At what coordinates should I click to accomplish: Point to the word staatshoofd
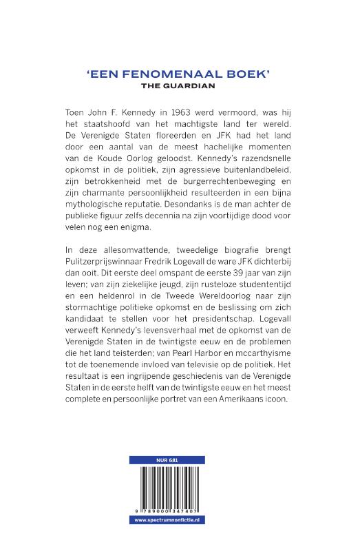[x=98, y=129]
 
